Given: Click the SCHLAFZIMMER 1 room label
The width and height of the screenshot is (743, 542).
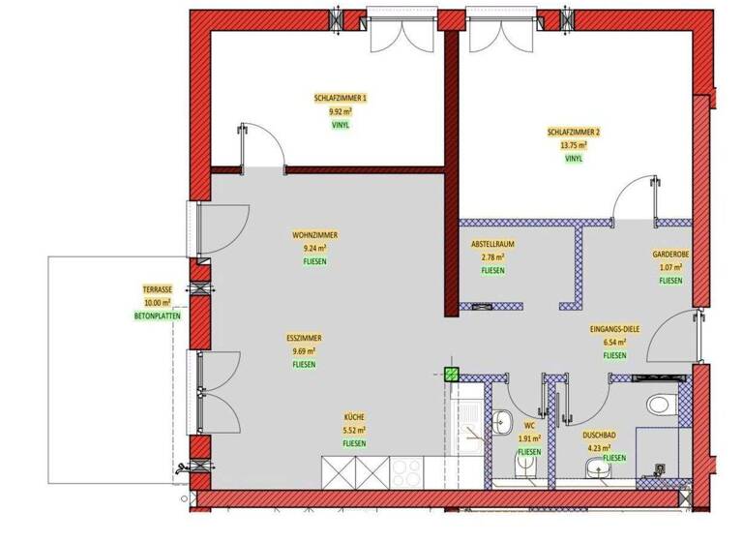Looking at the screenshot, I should coord(341,98).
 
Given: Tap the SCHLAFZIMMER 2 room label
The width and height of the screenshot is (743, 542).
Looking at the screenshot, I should coord(574,132).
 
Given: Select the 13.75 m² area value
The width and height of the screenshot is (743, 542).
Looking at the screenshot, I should coord(574,145).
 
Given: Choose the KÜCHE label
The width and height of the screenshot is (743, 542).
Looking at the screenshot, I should coord(353,416).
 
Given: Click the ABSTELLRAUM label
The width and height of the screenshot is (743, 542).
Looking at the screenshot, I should coord(491,245).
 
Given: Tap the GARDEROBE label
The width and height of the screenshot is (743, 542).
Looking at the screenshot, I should coord(670,255).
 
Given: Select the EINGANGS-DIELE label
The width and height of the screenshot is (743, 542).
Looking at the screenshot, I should coord(613,330).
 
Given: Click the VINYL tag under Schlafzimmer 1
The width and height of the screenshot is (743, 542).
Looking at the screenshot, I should coord(341,125).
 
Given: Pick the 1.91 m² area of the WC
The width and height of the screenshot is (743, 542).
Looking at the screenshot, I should coord(529,438).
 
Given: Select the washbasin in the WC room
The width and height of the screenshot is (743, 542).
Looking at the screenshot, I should coord(503,421).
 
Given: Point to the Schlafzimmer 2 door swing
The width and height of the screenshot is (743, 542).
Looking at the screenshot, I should coord(634,199).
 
